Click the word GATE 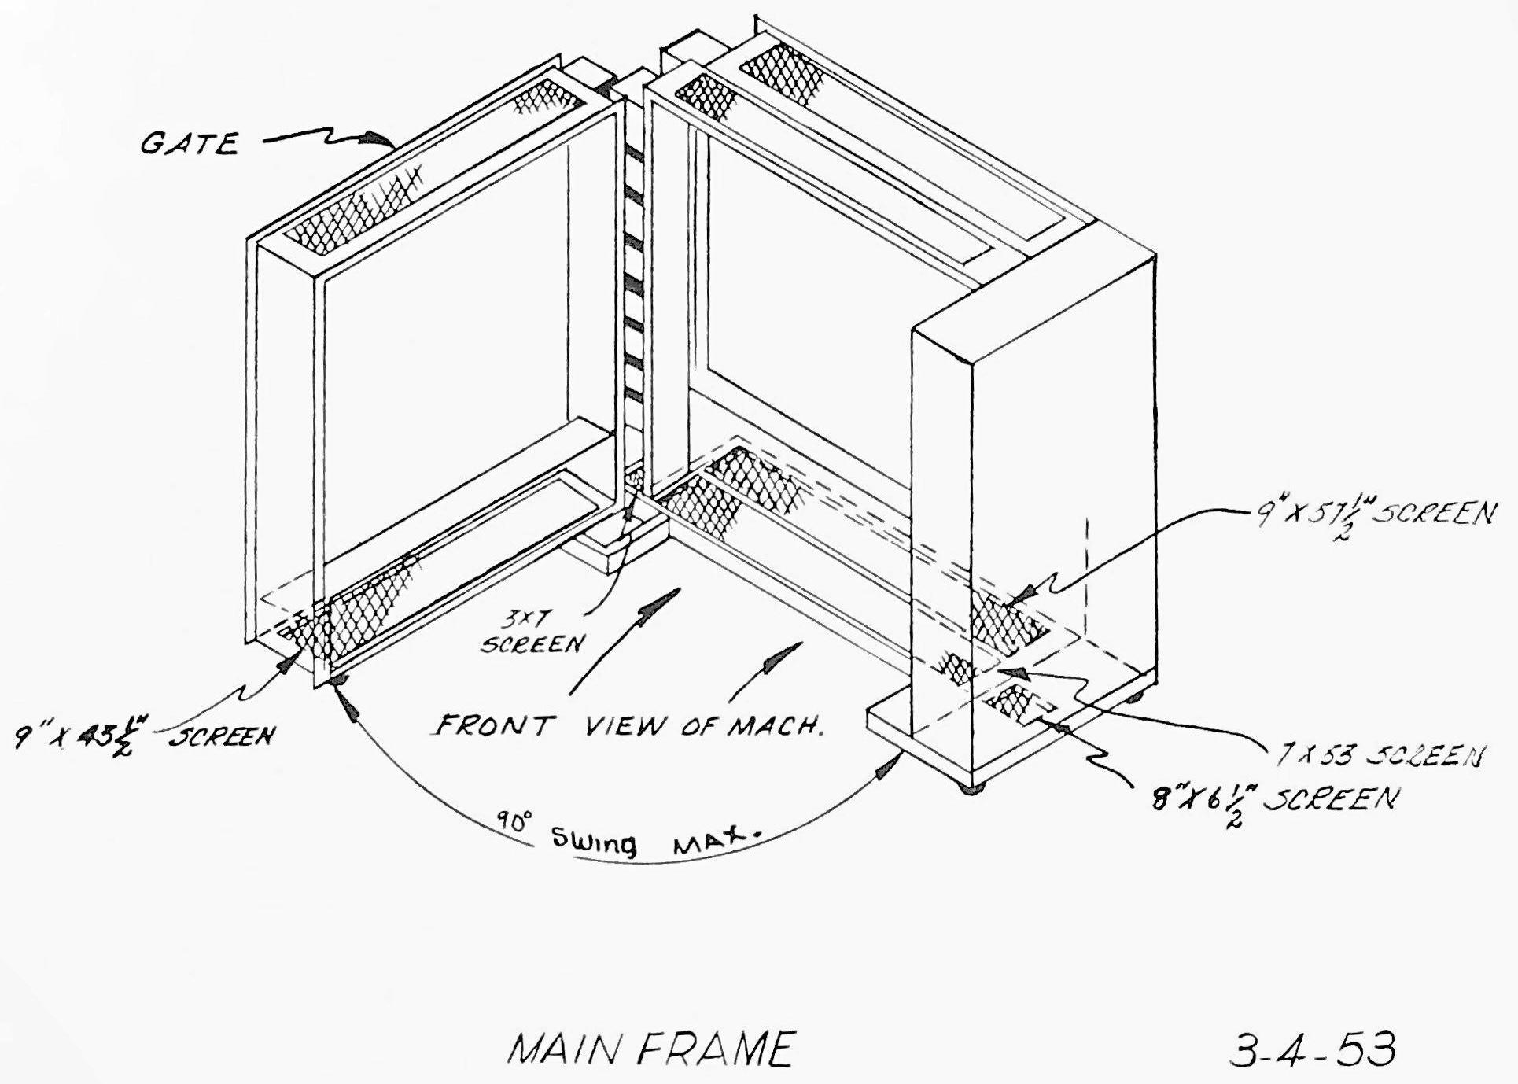pos(189,144)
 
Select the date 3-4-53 pos(1312,1049)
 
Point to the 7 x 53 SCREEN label pos(1379,756)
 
